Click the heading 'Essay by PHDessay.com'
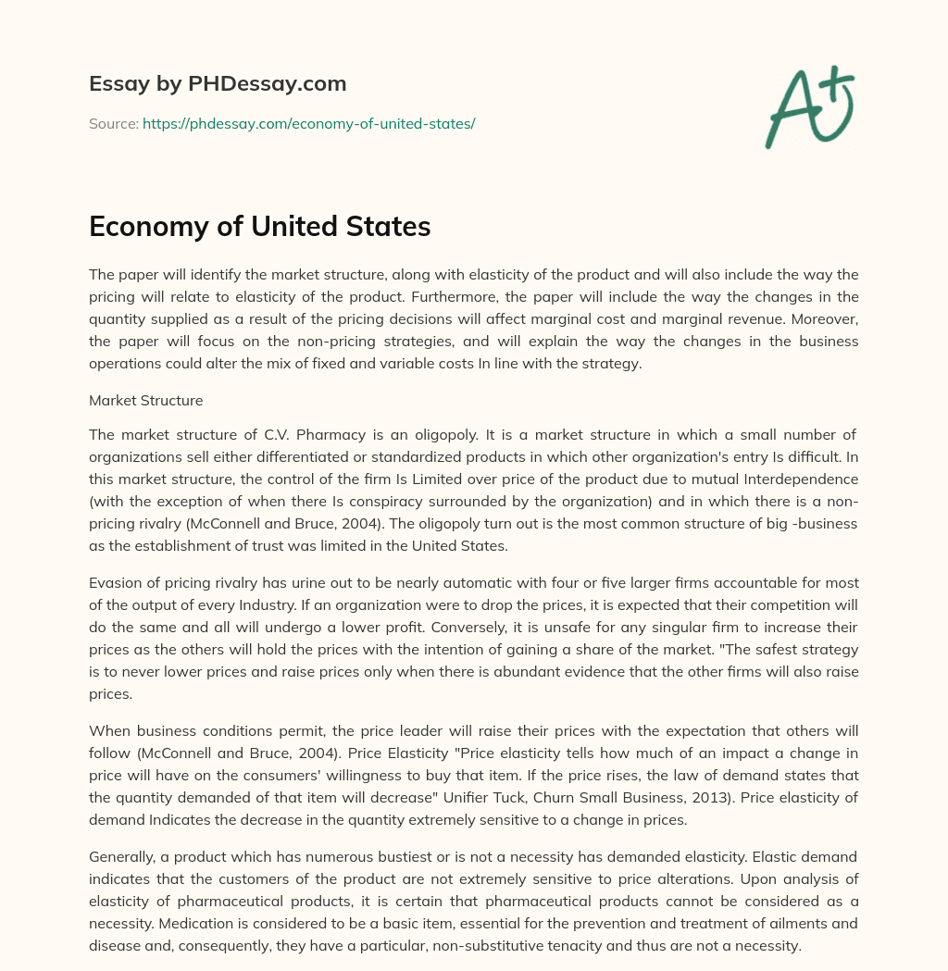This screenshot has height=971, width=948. (218, 84)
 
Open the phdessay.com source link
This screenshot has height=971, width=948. (308, 123)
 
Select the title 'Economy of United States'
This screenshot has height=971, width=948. (260, 226)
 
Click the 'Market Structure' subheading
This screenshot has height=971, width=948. (145, 401)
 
